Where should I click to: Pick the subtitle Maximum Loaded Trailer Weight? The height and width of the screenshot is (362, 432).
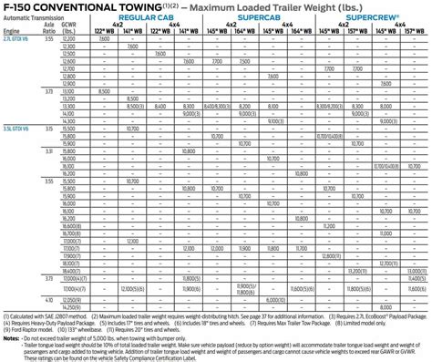pos(273,8)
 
